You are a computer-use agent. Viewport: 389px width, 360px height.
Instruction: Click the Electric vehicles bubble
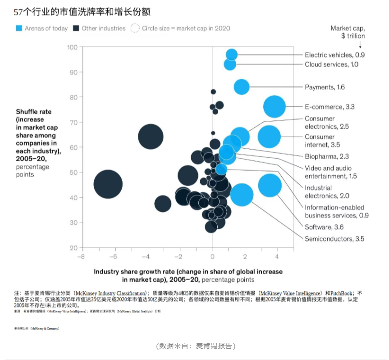(232, 55)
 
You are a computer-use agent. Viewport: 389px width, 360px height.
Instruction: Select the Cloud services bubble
(230, 64)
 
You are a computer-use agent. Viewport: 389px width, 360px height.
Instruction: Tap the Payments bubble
(242, 87)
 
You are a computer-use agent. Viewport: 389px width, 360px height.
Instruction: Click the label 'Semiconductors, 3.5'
(334, 239)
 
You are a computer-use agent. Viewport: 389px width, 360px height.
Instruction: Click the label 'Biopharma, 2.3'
(327, 156)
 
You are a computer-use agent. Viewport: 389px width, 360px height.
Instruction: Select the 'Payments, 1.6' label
(325, 87)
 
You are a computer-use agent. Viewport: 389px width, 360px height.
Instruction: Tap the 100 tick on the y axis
(72, 47)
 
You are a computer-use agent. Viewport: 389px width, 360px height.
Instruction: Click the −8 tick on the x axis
(81, 256)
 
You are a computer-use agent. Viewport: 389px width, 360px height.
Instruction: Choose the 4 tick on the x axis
(278, 256)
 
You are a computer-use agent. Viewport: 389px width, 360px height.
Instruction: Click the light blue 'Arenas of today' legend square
(18, 28)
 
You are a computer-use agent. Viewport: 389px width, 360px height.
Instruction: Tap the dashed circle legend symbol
(135, 28)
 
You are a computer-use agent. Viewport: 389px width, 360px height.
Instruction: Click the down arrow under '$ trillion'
(360, 45)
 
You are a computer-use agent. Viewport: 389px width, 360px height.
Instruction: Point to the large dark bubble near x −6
(108, 184)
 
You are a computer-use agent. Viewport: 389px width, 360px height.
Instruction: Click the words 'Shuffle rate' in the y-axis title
(34, 112)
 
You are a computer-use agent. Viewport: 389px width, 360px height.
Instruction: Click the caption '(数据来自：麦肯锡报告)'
(195, 346)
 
